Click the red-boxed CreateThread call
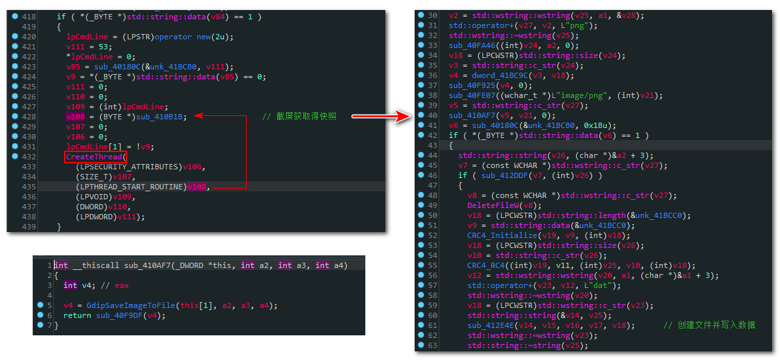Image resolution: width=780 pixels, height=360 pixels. coord(94,157)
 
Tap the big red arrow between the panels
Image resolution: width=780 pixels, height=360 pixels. coord(381,117)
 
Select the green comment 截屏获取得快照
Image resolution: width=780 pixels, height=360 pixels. coord(299,117)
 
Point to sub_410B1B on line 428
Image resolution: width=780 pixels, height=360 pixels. coord(161,117)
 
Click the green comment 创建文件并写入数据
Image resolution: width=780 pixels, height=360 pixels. coord(709,325)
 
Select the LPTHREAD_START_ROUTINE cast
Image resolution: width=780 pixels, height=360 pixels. coord(131,187)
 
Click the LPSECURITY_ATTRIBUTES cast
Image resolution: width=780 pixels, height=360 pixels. coord(129,167)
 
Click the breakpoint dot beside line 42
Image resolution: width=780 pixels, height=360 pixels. coord(421,135)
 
